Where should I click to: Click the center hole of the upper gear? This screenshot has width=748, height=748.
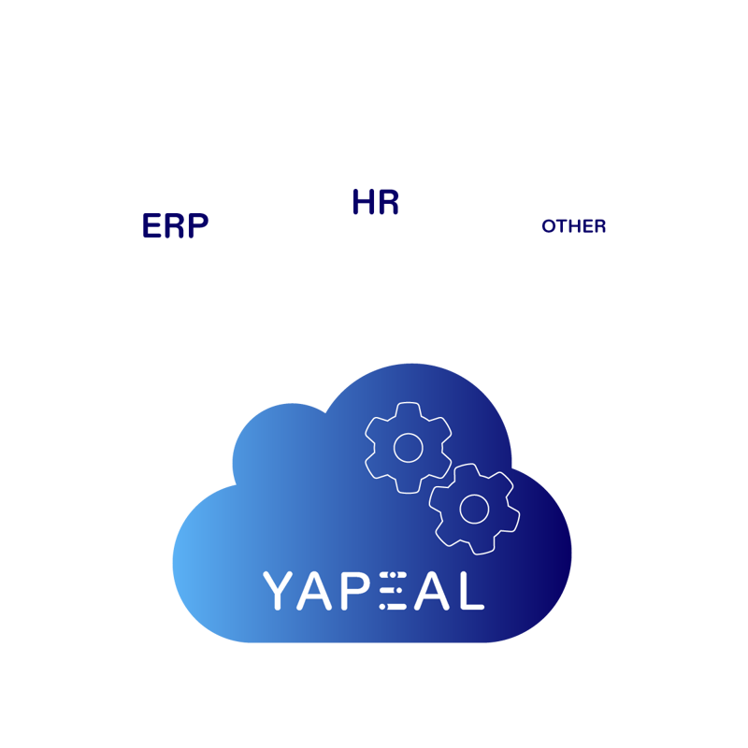[408, 447]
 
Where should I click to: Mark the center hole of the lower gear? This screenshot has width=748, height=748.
[474, 508]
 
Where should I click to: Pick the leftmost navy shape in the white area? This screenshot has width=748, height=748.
[176, 227]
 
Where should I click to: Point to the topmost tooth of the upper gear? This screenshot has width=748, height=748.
[408, 408]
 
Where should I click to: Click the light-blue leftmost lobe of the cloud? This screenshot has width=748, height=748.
[201, 570]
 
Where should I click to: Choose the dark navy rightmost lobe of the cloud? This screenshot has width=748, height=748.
[552, 589]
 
